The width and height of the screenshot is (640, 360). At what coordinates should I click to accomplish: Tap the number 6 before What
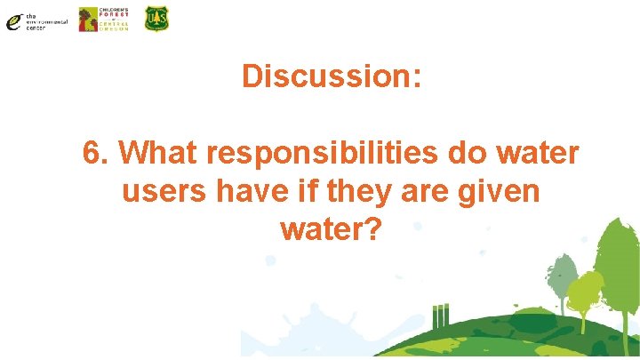[91, 153]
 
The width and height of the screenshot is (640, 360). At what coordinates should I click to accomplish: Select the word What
[156, 153]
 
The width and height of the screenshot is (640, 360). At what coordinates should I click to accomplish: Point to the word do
[467, 153]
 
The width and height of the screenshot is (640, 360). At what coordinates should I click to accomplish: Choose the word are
[420, 191]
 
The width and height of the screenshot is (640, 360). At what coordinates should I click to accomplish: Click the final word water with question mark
[331, 229]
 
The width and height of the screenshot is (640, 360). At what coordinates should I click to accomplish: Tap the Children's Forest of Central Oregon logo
[103, 20]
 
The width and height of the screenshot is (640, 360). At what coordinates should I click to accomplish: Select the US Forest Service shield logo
[156, 19]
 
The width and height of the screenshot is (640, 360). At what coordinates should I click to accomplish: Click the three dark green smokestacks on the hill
[441, 316]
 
